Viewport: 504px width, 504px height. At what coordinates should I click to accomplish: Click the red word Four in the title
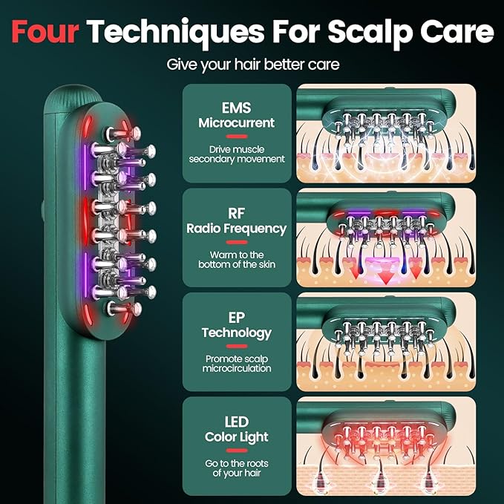[45, 31]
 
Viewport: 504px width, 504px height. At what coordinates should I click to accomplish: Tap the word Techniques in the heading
[176, 33]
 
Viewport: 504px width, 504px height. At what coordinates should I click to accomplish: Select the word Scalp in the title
[370, 33]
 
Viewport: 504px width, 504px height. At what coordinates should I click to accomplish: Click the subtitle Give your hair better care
[252, 65]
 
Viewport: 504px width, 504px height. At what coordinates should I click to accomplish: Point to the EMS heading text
[237, 108]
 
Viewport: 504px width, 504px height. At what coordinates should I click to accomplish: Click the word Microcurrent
[237, 122]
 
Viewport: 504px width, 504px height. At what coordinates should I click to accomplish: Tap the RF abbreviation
[237, 214]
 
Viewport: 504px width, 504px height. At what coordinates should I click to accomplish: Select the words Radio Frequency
[237, 229]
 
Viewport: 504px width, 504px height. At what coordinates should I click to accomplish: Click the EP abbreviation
[237, 318]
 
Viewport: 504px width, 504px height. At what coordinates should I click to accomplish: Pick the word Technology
[237, 333]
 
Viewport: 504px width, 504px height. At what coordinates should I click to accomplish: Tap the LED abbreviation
[237, 422]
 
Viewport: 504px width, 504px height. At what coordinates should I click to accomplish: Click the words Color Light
[237, 437]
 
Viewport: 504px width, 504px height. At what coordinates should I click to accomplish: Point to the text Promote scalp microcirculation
[237, 364]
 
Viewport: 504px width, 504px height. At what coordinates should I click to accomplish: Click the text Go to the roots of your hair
[237, 468]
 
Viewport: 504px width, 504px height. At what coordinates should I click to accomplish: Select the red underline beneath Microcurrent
[237, 137]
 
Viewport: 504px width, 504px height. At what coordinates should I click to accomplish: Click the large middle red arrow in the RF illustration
[385, 278]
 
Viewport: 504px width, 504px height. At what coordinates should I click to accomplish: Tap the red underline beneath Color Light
[237, 451]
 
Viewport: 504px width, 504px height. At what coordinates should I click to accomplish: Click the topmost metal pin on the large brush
[124, 133]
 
